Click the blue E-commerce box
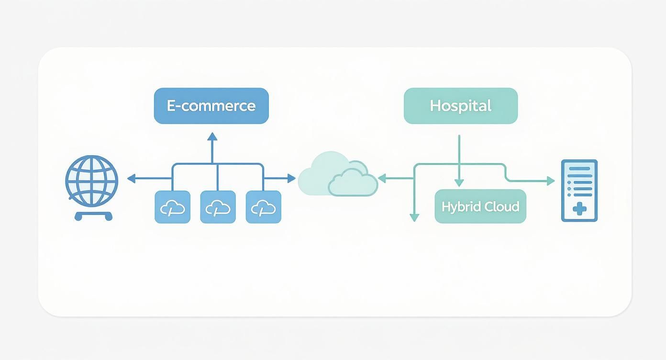tap(211, 106)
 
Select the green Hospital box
tap(461, 106)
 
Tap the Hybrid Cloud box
tap(480, 206)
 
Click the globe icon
tap(91, 180)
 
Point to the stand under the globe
tap(93, 216)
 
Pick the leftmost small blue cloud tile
tap(172, 207)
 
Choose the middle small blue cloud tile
tap(218, 207)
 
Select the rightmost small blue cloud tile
tap(263, 207)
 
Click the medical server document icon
tap(579, 191)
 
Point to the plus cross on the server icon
tap(579, 209)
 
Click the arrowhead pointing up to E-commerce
tap(212, 137)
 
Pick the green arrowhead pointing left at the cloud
tap(382, 179)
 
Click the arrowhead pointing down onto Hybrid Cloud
tap(459, 183)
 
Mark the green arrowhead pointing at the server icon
tap(551, 181)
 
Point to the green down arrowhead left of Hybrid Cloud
tap(414, 218)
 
